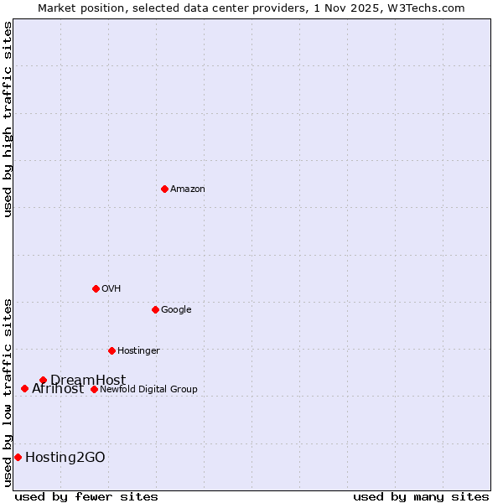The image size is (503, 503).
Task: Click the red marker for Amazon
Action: (164, 189)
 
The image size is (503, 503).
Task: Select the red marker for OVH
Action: (96, 288)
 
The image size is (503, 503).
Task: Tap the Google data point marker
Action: (155, 309)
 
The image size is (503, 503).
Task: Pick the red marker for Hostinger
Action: (111, 350)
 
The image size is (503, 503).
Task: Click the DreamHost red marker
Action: (43, 380)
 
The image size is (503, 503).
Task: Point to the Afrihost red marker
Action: (24, 388)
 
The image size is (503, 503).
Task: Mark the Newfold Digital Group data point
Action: (94, 389)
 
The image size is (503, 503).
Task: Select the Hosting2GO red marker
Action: (18, 457)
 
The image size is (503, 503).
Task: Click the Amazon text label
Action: (187, 189)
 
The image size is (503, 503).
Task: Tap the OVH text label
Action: (111, 288)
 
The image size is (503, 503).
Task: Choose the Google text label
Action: (176, 309)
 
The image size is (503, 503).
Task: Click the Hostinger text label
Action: (138, 350)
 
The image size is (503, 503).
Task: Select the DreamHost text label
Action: (88, 380)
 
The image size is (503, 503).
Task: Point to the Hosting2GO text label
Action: (65, 457)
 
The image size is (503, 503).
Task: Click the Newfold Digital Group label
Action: (148, 389)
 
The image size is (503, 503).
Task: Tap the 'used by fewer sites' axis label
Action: (86, 496)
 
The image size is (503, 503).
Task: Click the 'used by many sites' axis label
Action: (421, 496)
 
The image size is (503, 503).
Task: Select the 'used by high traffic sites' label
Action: (8, 118)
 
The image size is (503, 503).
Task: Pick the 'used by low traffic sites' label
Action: (8, 392)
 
